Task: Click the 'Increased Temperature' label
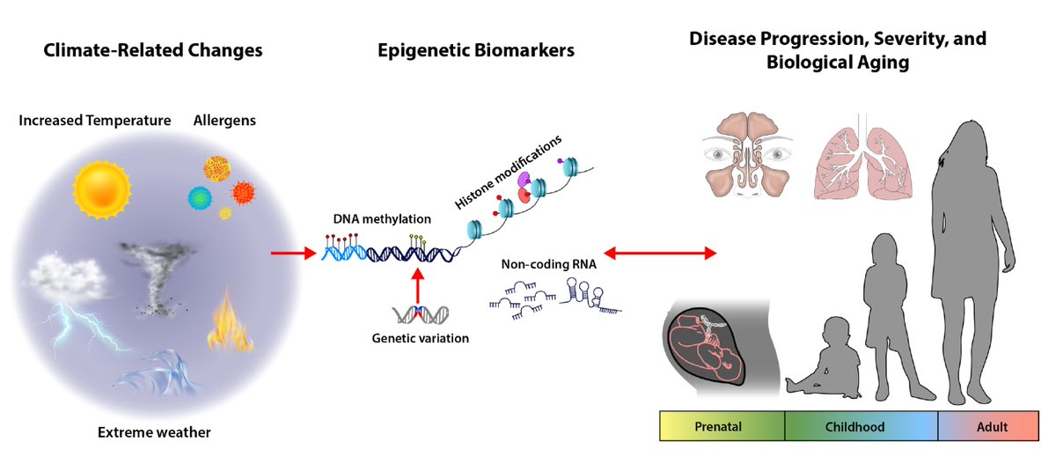pos(94,120)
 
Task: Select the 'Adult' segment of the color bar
pos(992,427)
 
